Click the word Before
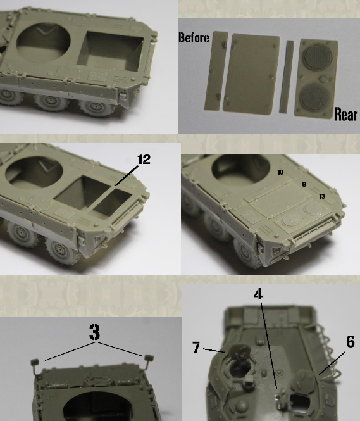[x=194, y=37]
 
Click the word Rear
[x=346, y=114]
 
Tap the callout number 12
[x=144, y=159]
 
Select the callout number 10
[x=280, y=172]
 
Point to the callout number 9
[x=304, y=184]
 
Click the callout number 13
[x=322, y=196]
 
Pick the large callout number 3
[x=95, y=332]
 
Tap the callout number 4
[x=258, y=294]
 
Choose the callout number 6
[x=351, y=341]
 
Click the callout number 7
[x=196, y=348]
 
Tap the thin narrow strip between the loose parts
[x=286, y=77]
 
